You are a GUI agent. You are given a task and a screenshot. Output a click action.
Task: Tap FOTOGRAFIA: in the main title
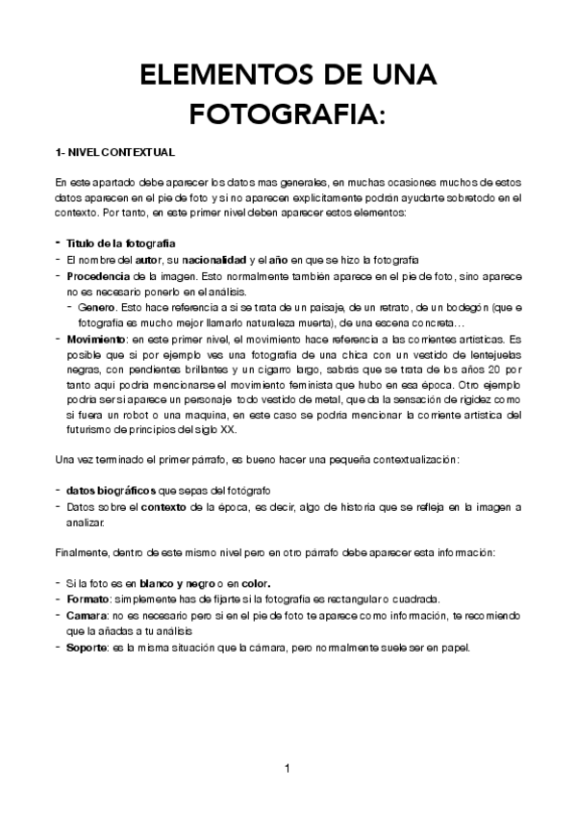[288, 115]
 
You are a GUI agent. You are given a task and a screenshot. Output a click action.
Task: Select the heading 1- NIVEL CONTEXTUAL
[114, 153]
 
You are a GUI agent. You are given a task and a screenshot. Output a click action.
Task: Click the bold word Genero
[96, 308]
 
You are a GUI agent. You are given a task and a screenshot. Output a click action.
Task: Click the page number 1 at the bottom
[288, 768]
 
